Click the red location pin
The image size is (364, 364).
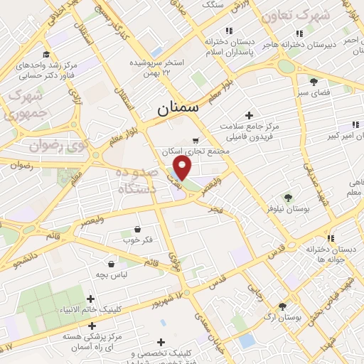click(183, 168)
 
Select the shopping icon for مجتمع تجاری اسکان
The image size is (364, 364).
click(196, 141)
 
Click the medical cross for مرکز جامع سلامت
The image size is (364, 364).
click(248, 115)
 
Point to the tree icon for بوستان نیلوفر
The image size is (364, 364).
click(287, 198)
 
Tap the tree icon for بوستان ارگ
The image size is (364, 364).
click(283, 307)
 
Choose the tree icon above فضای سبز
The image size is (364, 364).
click(314, 82)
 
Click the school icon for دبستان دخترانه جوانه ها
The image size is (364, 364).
click(331, 238)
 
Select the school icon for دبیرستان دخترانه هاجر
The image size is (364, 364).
click(299, 33)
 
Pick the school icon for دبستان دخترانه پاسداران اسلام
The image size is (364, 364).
click(228, 31)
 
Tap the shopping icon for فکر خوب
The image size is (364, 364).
click(137, 229)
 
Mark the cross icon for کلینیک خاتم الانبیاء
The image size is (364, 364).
click(90, 299)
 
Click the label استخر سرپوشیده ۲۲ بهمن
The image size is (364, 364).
click(157, 68)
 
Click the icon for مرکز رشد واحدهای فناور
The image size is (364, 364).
click(46, 55)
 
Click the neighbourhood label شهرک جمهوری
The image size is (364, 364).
click(26, 105)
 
